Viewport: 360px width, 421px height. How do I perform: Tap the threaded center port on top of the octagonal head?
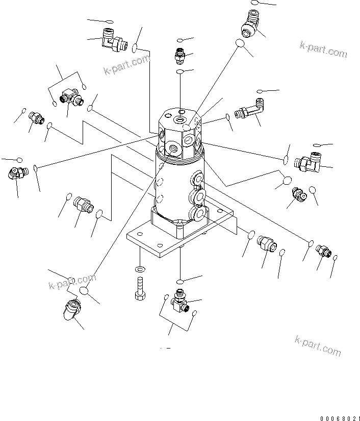tap(180, 120)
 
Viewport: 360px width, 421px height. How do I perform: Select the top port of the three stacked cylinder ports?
tap(197, 178)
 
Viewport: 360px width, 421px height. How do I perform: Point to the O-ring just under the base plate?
tap(181, 281)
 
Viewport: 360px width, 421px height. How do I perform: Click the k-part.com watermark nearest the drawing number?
tap(318, 345)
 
